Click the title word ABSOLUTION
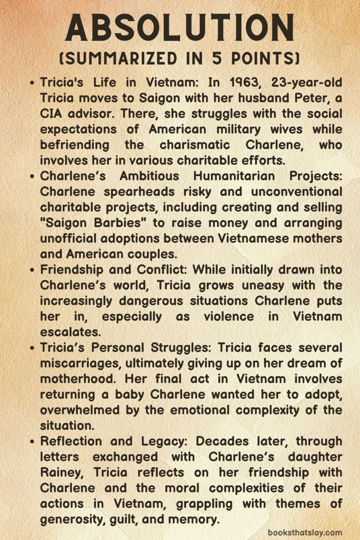pyautogui.click(x=180, y=28)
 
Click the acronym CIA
pyautogui.click(x=51, y=114)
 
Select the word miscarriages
pyautogui.click(x=81, y=363)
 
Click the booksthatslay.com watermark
pyautogui.click(x=304, y=533)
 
